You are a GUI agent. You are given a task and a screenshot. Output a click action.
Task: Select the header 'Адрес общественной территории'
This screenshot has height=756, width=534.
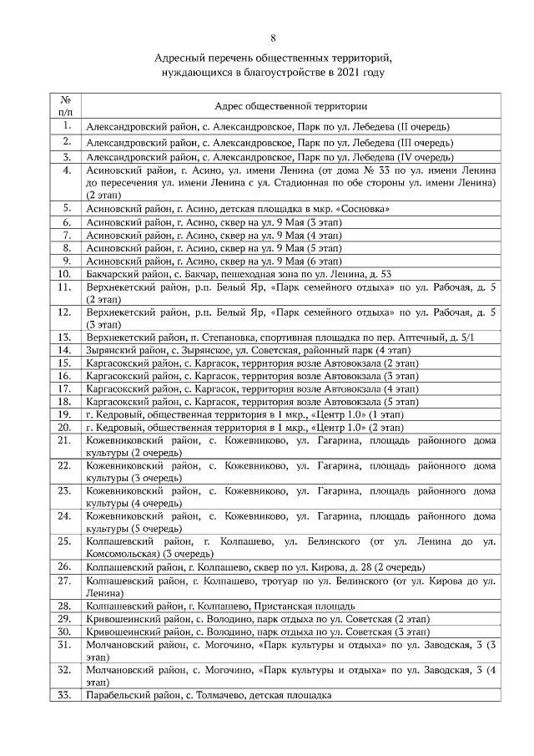point(291,107)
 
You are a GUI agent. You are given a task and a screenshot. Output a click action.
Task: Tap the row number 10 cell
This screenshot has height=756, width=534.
point(64,273)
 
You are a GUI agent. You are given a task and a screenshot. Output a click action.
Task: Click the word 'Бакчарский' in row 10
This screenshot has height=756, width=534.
point(114,273)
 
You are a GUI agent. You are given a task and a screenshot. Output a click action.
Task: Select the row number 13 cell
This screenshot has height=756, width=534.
point(64,337)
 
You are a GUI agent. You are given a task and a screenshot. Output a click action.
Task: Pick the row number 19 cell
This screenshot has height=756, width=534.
point(64,414)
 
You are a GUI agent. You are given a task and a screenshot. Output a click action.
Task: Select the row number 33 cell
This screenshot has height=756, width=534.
point(64,695)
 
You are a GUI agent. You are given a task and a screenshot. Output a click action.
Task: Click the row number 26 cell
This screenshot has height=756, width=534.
point(64,567)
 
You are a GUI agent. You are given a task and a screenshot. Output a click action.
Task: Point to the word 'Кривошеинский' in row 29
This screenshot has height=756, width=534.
point(121,618)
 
